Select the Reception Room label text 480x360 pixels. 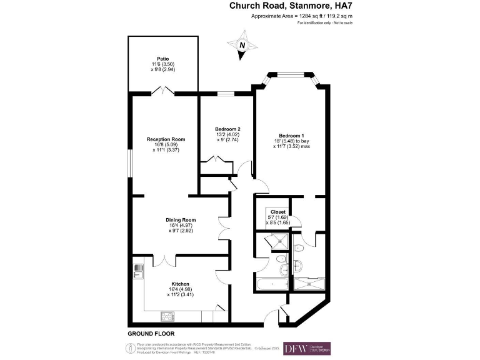pos(166,139)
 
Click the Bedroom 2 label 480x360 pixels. pos(226,128)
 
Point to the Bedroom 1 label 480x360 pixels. pos(291,136)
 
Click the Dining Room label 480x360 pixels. pos(181,220)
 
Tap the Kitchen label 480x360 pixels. pos(180,283)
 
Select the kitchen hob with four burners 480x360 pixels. pos(168,316)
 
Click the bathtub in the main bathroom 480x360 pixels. pos(272,284)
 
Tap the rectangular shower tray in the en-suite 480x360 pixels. pos(309,284)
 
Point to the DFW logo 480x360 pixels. pos(307,348)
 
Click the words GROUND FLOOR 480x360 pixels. pos(151,334)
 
